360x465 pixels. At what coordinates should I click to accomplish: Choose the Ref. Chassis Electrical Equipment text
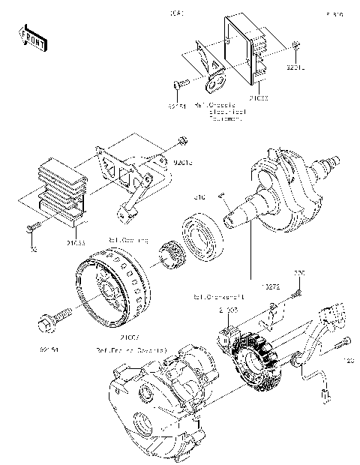click(218, 111)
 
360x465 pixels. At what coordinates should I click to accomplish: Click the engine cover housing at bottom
click(161, 401)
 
